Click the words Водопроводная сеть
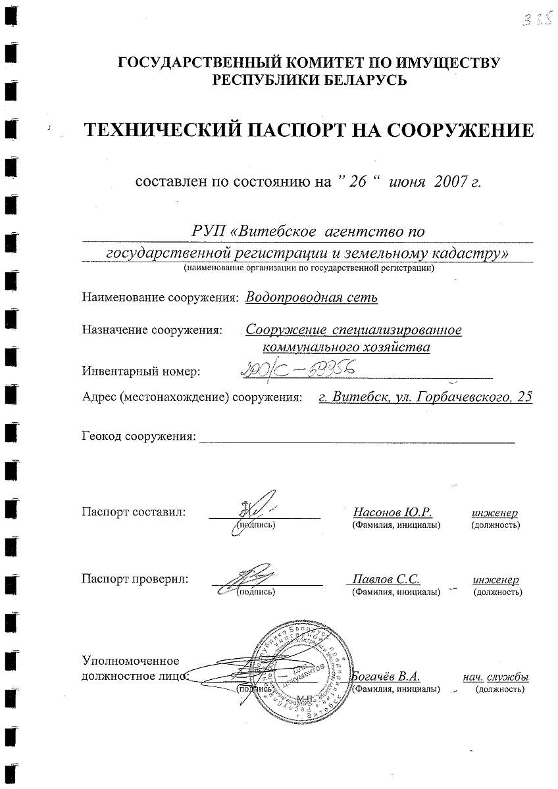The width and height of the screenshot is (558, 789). pyautogui.click(x=312, y=297)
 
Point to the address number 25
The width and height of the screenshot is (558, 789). pyautogui.click(x=524, y=396)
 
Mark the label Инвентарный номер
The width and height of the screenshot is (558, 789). pyautogui.click(x=141, y=371)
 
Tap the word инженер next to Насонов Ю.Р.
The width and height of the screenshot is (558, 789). pyautogui.click(x=494, y=512)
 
